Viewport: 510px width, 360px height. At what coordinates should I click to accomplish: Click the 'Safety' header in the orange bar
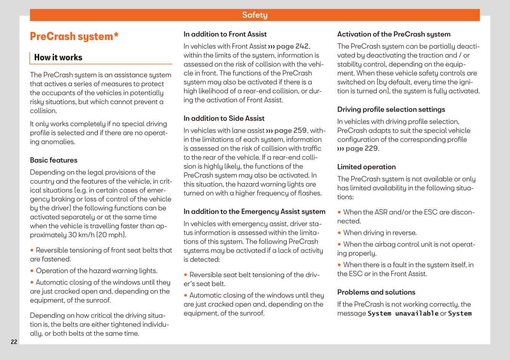point(255,15)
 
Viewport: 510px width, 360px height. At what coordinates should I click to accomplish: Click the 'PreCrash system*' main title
point(74,37)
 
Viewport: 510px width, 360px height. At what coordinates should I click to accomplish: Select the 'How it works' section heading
point(58,58)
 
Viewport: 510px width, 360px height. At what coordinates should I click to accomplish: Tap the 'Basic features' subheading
point(54,160)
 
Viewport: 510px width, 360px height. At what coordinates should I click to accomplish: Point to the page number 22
point(14,342)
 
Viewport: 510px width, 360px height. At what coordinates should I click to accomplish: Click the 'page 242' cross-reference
point(292,46)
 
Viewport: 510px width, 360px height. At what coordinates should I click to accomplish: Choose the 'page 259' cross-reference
point(290,131)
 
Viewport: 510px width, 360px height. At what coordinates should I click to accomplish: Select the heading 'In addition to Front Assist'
point(225,34)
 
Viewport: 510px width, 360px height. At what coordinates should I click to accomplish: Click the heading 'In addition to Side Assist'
point(224,118)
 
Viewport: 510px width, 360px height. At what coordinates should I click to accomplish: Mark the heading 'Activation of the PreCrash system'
point(394,34)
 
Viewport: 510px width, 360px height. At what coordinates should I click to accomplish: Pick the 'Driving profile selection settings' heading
point(391,110)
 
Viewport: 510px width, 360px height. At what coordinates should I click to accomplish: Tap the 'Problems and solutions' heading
point(376,292)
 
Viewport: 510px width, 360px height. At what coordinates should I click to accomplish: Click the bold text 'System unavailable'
point(403,314)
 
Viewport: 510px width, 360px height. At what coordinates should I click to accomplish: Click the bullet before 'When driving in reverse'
point(339,233)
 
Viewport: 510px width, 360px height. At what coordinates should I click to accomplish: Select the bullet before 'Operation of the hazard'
point(32,271)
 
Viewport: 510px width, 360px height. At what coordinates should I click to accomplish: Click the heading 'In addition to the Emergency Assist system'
point(254,212)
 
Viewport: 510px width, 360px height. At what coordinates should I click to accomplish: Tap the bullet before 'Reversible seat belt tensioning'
point(185,275)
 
